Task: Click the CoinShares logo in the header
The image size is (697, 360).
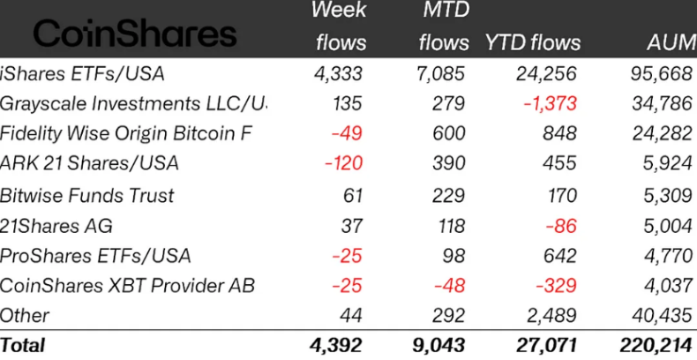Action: tap(135, 34)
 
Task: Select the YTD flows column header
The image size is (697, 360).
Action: tap(533, 43)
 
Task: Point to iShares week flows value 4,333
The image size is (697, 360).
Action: tap(338, 73)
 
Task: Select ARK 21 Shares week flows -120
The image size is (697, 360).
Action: tap(341, 163)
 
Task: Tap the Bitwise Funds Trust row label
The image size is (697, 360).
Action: tap(87, 195)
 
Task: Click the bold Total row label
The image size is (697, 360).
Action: tap(23, 345)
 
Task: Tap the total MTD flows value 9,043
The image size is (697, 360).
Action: tap(436, 345)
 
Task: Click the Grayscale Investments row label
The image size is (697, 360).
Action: tap(132, 103)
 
